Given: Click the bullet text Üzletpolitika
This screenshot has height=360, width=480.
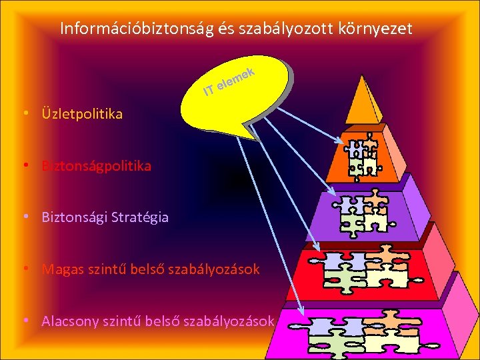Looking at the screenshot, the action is (x=82, y=114).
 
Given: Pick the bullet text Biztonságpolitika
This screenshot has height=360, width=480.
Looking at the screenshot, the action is (x=96, y=165).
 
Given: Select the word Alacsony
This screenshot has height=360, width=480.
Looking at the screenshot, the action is (x=71, y=321).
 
